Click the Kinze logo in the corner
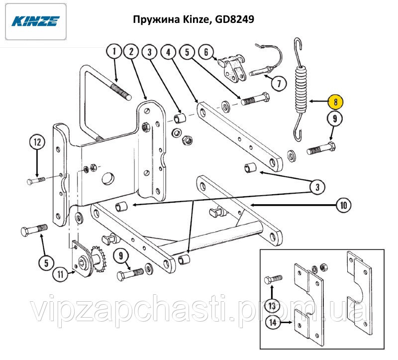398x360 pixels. pos(36,21)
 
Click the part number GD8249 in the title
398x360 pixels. pos(234,19)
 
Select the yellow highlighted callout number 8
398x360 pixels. pos(335,102)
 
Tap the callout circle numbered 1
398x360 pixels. pos(114,52)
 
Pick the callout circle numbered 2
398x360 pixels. pos(131,52)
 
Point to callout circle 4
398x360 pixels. pos(169,52)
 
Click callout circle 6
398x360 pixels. pos(206,52)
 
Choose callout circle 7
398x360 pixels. pos(279,83)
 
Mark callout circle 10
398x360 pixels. pos(344,205)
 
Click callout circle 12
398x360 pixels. pos(38,142)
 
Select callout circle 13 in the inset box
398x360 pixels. pos(272,306)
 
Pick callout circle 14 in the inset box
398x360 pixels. pos(273,322)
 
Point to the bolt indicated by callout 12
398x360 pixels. pos(36,181)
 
